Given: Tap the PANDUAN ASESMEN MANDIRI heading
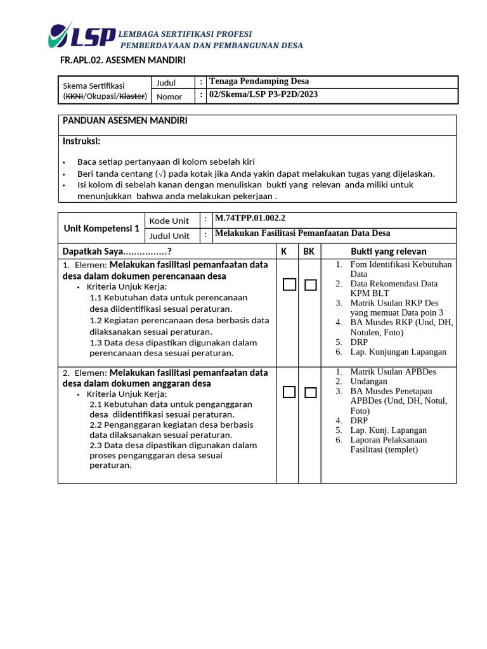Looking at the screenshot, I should (124, 120).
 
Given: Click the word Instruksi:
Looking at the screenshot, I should (81, 141).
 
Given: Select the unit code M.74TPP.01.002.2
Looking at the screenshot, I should (250, 218).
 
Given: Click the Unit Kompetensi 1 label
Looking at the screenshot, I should (101, 228).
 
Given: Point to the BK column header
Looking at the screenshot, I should (309, 252).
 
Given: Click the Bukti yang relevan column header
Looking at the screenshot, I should (389, 252).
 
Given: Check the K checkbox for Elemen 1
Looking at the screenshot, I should (289, 285).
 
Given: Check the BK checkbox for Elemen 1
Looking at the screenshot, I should (310, 285).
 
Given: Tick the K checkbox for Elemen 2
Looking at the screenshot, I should (289, 392).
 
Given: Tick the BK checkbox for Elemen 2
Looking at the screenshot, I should (310, 392).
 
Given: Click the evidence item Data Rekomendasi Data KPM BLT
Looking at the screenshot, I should (393, 288).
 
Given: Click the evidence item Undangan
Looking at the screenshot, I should (369, 381).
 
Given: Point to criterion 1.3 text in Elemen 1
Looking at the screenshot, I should (172, 348).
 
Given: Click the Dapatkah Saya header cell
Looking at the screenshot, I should (117, 252).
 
